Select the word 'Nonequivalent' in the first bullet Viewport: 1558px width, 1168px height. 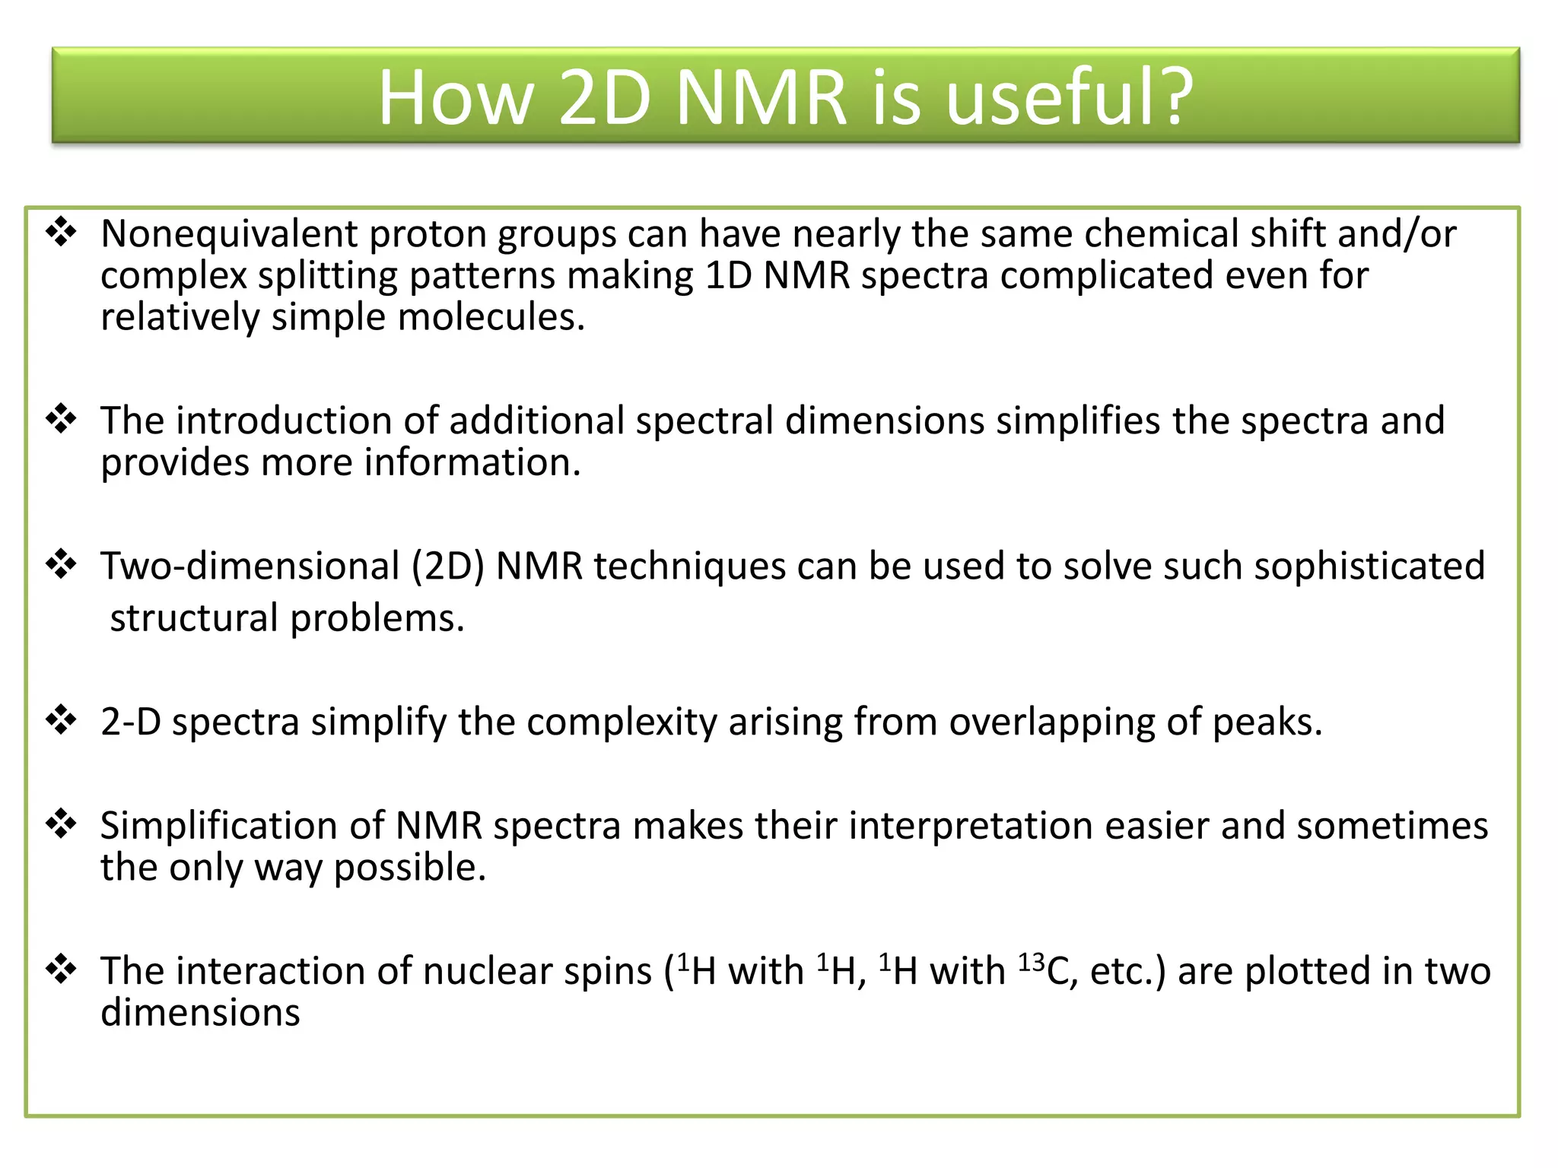[x=229, y=234]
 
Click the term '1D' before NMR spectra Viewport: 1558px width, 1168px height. [x=728, y=275]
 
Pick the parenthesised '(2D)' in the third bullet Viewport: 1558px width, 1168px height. [x=448, y=567]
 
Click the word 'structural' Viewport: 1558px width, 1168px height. [x=194, y=617]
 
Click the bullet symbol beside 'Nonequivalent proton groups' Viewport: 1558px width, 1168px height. [x=62, y=232]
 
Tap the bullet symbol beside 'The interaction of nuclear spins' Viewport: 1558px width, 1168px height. [x=62, y=969]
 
